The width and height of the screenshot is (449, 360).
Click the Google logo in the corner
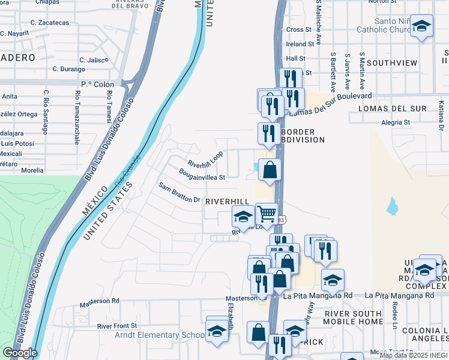tap(20, 353)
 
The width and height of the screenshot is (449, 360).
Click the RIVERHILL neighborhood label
tap(227, 202)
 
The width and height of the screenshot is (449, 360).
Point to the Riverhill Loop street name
tap(205, 159)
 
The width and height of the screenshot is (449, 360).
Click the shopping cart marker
tap(266, 213)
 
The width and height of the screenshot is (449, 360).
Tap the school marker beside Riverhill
tap(243, 216)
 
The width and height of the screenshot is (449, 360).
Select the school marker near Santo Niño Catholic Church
tap(422, 26)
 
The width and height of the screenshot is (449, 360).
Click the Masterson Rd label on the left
tap(99, 301)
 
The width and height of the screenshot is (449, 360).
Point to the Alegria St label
tap(396, 122)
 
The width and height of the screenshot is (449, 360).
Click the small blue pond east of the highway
tap(393, 206)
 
